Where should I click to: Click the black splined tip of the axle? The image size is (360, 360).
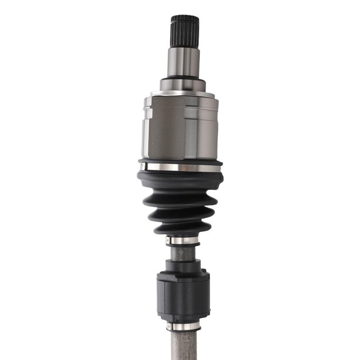[x=185, y=31]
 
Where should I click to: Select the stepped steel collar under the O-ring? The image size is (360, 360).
[x=183, y=85]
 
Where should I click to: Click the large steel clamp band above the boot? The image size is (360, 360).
[x=184, y=167]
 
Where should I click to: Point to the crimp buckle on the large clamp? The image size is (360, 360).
[x=143, y=166]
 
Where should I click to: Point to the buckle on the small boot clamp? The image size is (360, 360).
[x=168, y=240]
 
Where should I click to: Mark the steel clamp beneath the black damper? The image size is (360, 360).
[x=184, y=327]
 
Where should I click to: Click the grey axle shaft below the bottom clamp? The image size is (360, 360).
[x=184, y=346]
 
